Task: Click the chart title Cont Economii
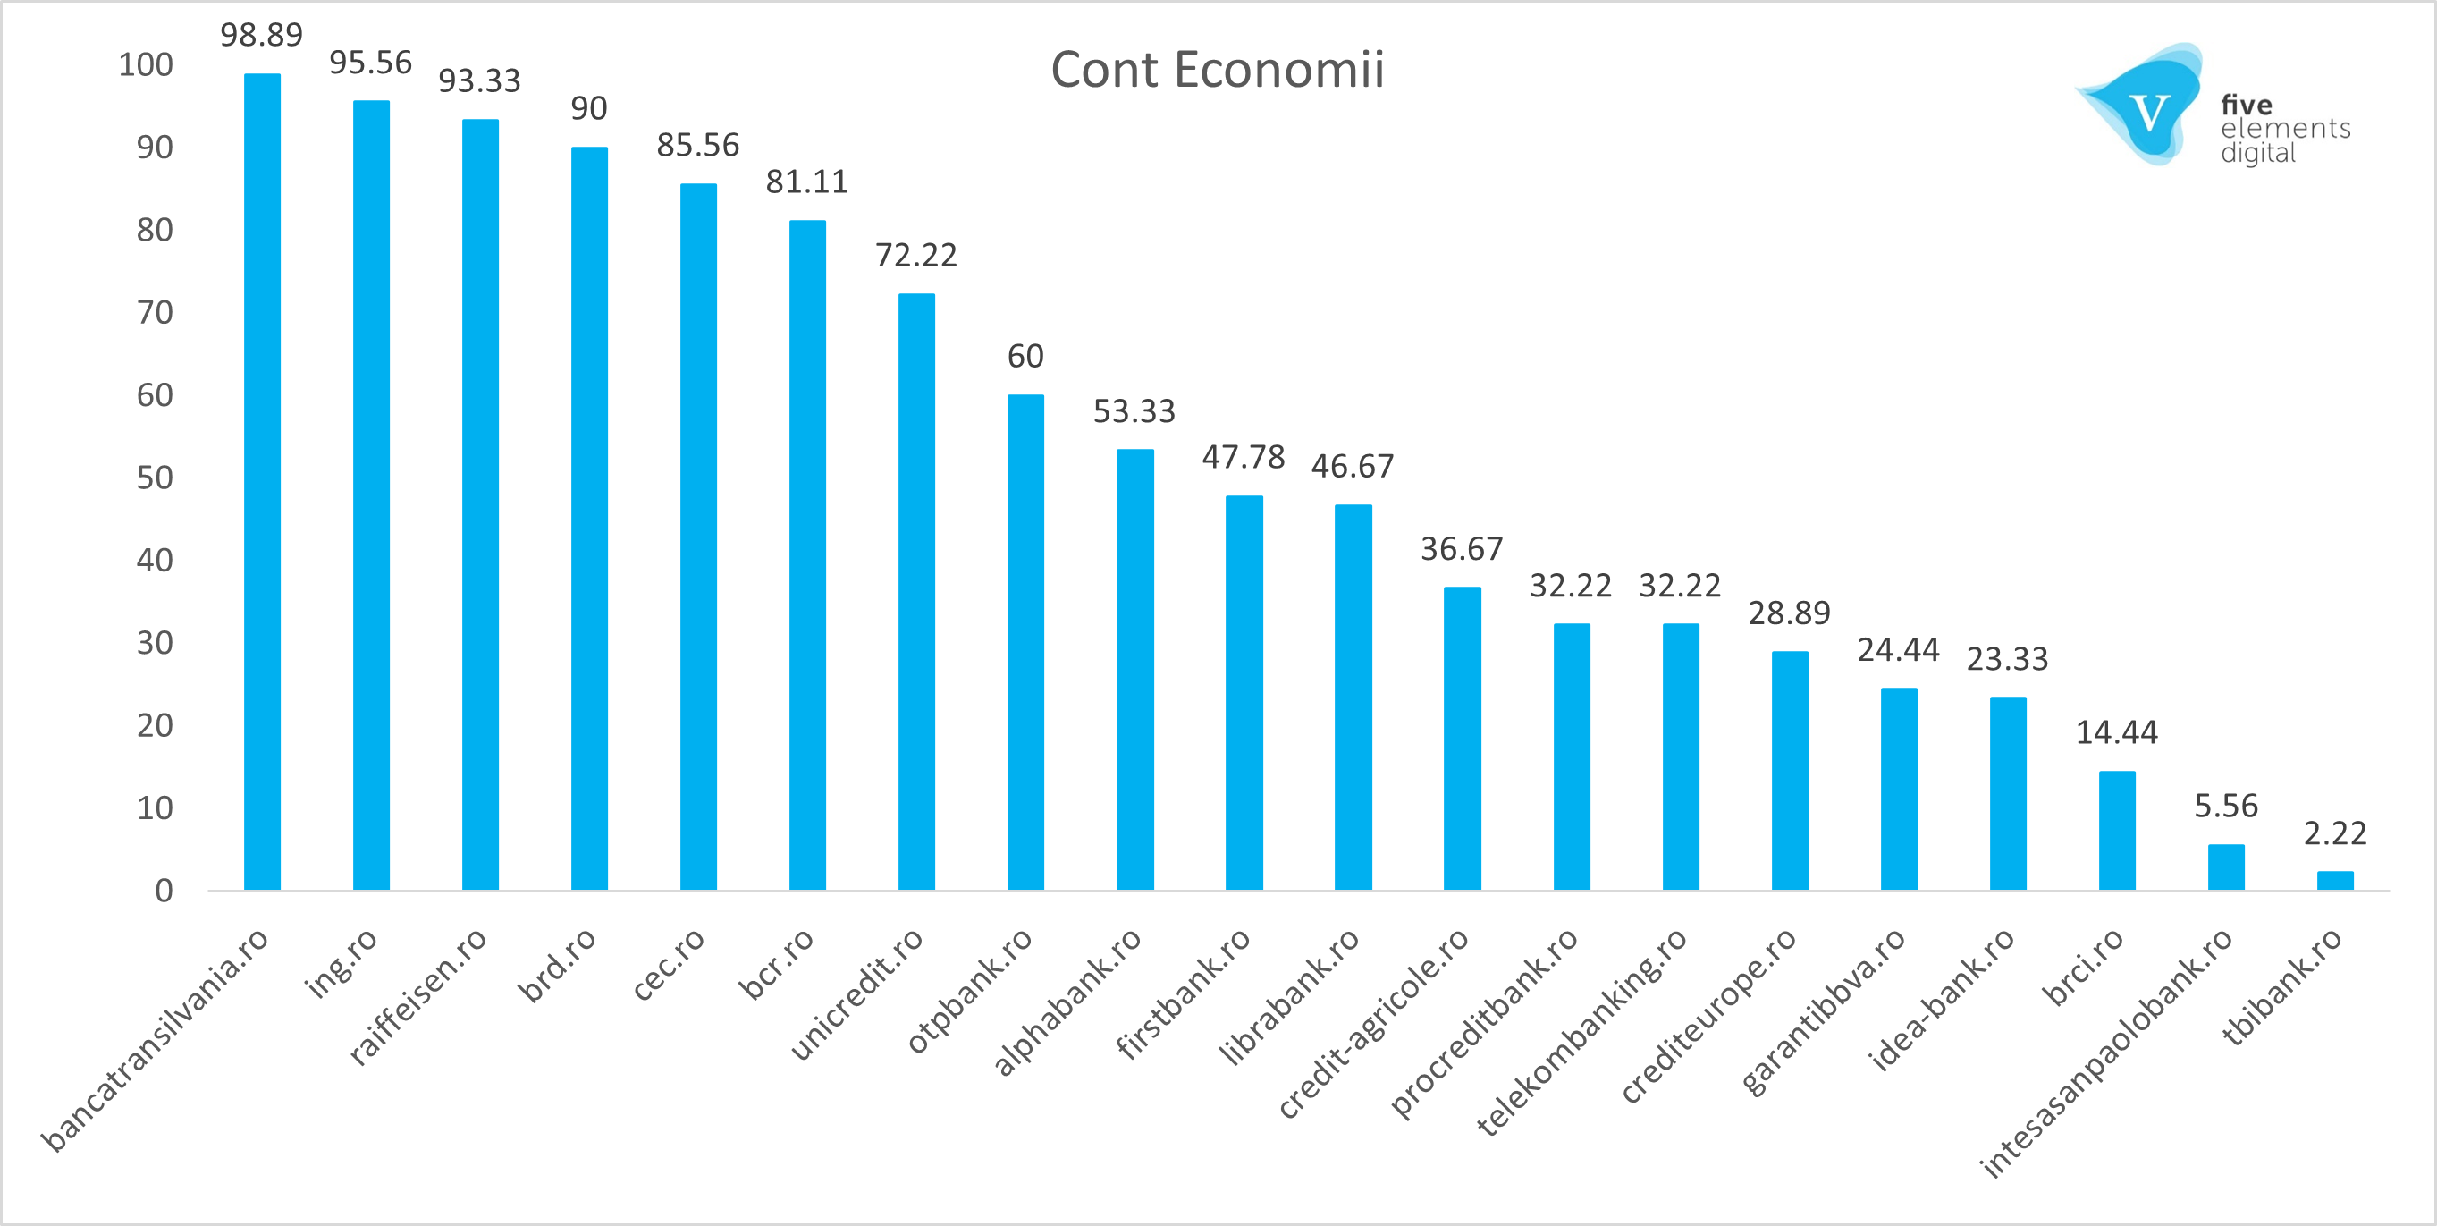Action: pyautogui.click(x=1217, y=70)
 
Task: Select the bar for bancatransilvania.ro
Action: pyautogui.click(x=262, y=483)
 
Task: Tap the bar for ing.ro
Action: pyautogui.click(x=371, y=495)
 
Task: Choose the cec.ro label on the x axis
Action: pyautogui.click(x=669, y=964)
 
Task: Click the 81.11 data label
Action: pyautogui.click(x=806, y=182)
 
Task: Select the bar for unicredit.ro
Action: pyautogui.click(x=915, y=592)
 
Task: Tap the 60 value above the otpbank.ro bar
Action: pyautogui.click(x=1025, y=357)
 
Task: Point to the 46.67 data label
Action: pyautogui.click(x=1352, y=467)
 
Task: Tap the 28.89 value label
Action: pyautogui.click(x=1788, y=613)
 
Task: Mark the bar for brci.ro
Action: pyautogui.click(x=2116, y=831)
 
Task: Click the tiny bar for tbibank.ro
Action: pyautogui.click(x=2335, y=881)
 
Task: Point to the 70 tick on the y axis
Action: pyautogui.click(x=154, y=313)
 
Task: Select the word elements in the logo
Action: pyautogui.click(x=2285, y=129)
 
